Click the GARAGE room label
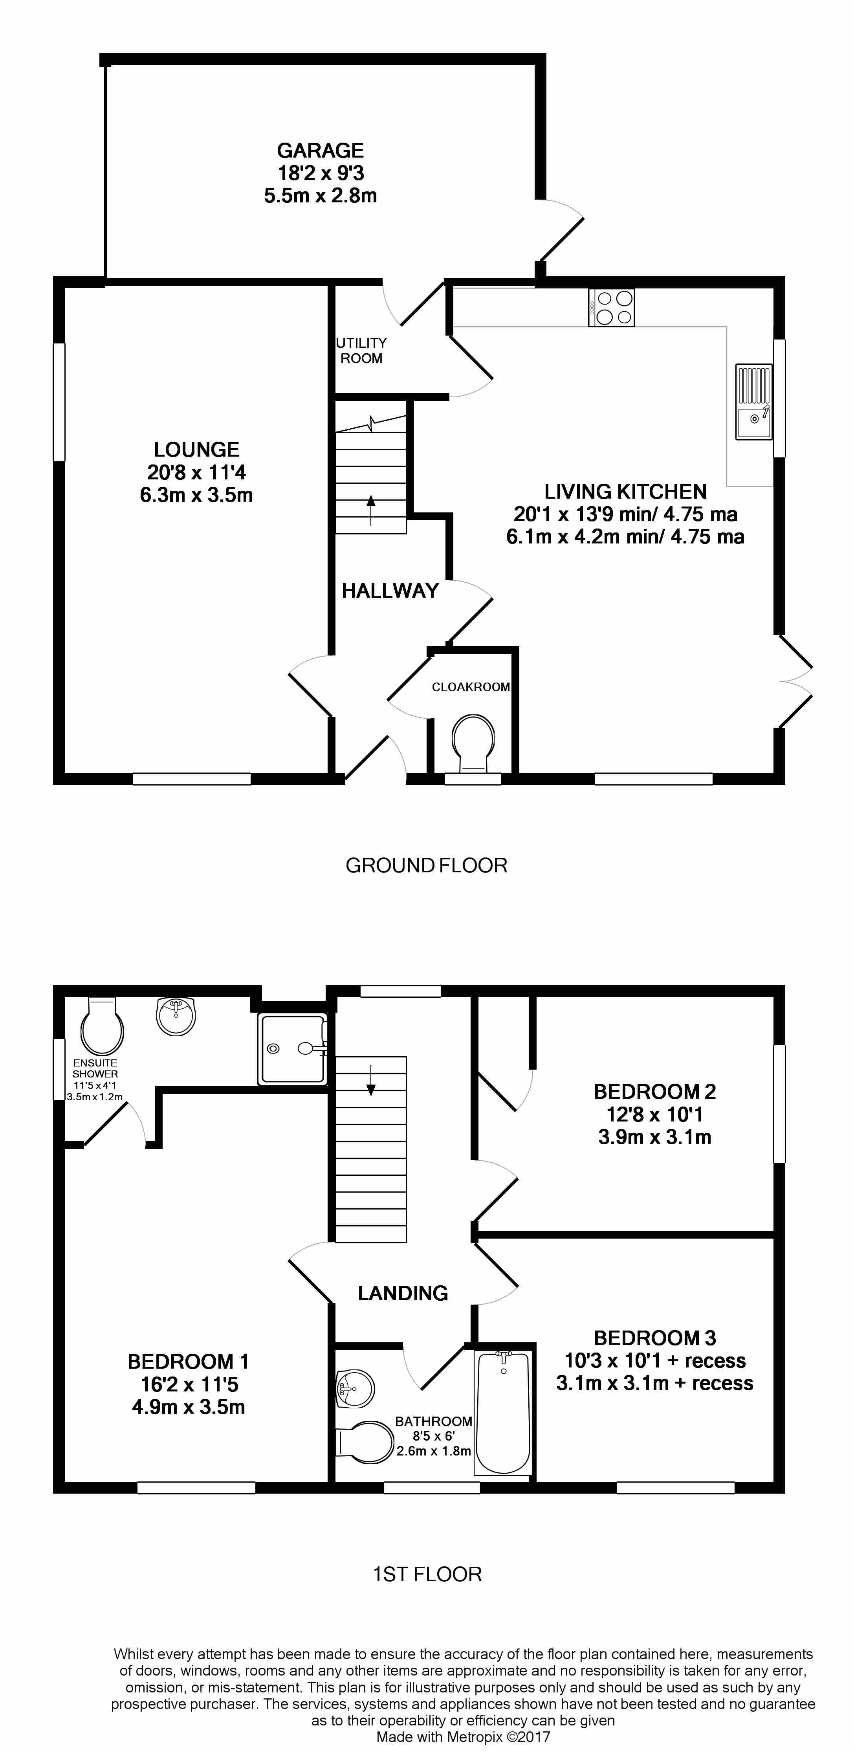(320, 150)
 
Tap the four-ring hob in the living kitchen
(612, 308)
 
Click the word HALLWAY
(390, 591)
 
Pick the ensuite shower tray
(293, 1048)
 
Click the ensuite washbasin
(176, 1015)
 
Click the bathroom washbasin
(356, 1388)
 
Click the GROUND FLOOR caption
(427, 865)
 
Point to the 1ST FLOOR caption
(427, 1574)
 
